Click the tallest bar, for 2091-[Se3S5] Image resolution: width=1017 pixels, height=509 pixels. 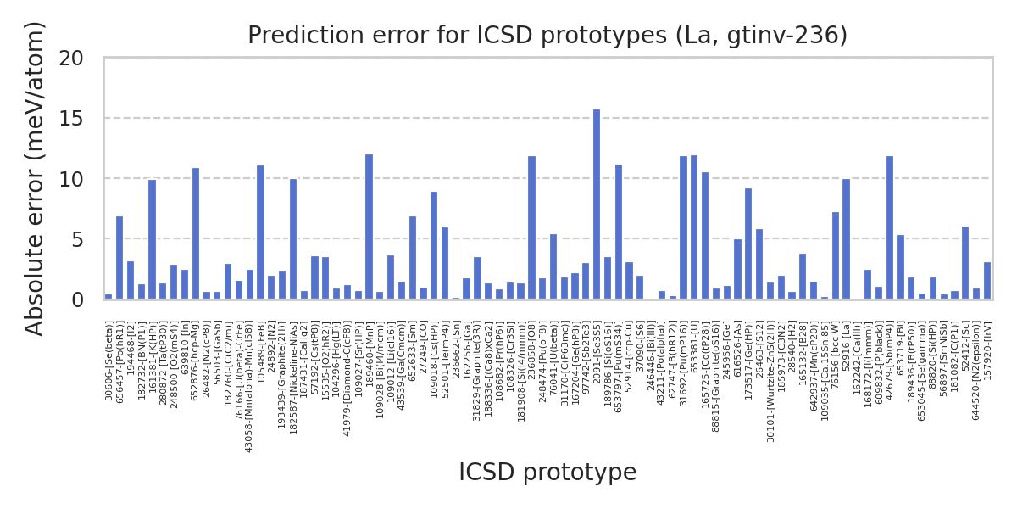(x=597, y=204)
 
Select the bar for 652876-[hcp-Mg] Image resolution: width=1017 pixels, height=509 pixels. (x=195, y=233)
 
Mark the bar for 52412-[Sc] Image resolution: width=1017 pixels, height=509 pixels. (x=965, y=263)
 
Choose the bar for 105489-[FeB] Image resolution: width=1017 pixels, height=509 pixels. (x=260, y=232)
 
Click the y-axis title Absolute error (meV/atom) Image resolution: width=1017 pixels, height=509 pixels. (x=35, y=178)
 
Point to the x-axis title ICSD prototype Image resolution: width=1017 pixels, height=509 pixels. (x=547, y=473)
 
